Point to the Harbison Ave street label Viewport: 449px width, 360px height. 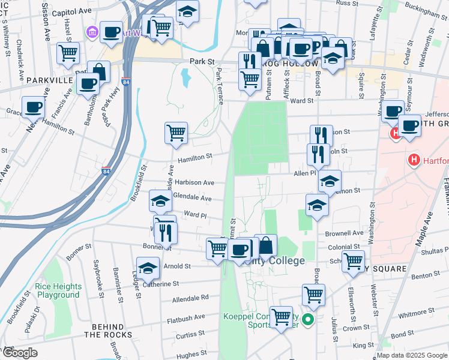194,182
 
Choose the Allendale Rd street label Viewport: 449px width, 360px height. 190,298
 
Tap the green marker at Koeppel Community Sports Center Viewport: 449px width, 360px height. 308,320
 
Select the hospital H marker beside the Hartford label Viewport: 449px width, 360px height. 413,160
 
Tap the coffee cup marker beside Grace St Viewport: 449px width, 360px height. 34,107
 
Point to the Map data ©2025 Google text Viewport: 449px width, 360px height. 412,355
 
